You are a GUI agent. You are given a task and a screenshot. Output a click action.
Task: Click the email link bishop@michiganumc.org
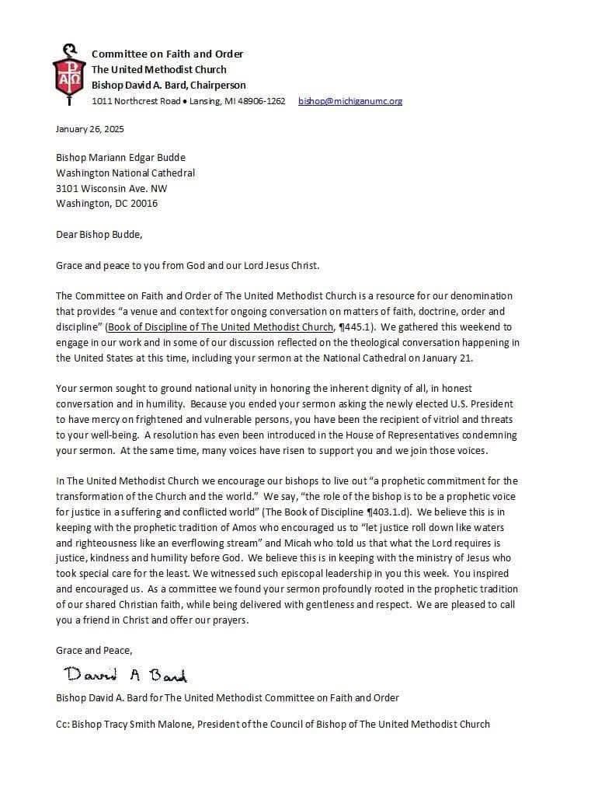click(x=350, y=101)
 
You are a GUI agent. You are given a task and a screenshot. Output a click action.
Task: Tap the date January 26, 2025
click(x=90, y=129)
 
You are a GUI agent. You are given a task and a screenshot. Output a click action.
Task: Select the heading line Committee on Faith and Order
click(x=167, y=54)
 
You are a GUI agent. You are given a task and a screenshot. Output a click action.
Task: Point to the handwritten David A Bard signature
click(x=125, y=674)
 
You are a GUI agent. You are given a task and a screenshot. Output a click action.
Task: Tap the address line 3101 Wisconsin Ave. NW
click(x=111, y=188)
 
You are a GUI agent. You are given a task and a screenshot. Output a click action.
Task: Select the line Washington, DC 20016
click(x=106, y=204)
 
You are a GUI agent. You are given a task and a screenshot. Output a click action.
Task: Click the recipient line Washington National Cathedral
click(x=125, y=173)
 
